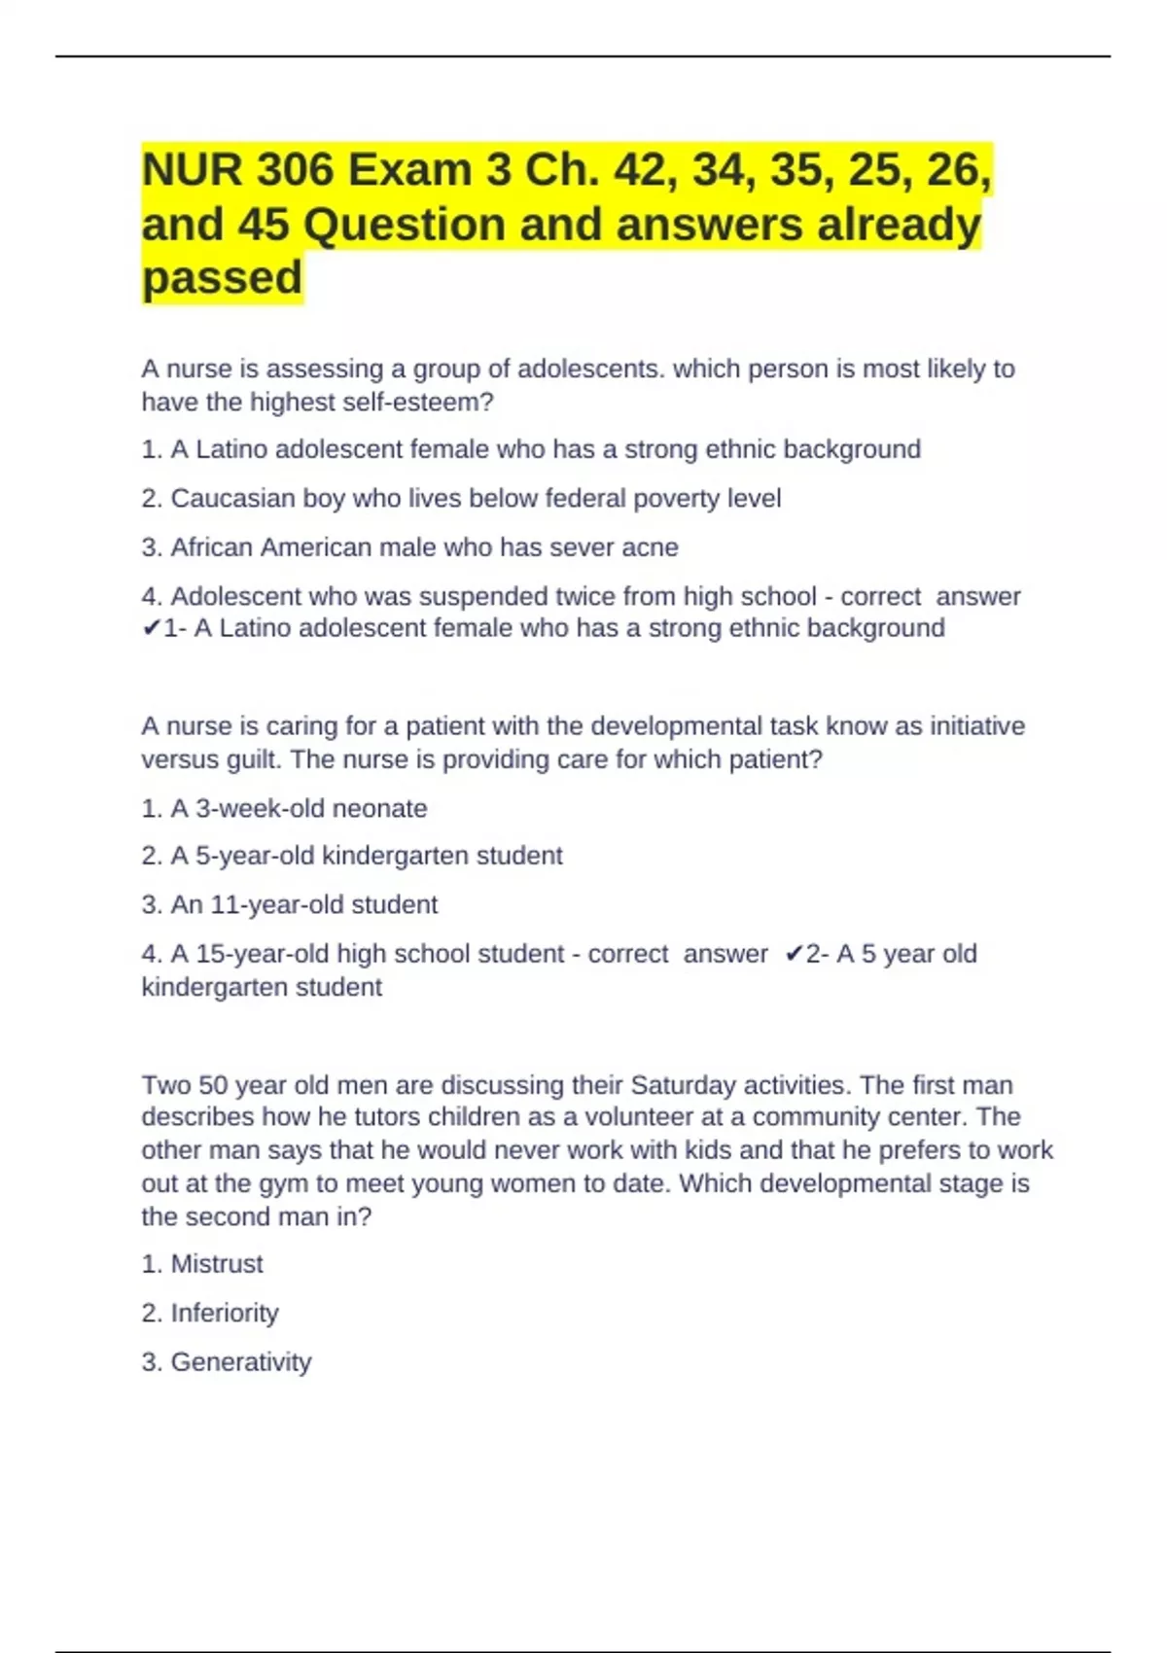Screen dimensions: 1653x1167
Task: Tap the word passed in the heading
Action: pyautogui.click(x=222, y=278)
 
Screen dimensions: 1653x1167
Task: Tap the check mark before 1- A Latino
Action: pyautogui.click(x=151, y=629)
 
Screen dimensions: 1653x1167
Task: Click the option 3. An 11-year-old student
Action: pyautogui.click(x=290, y=905)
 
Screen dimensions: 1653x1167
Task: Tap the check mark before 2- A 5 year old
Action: pyautogui.click(x=794, y=954)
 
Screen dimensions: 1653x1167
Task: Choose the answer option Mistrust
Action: pyautogui.click(x=216, y=1264)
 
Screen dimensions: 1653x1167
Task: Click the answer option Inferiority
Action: pyautogui.click(x=224, y=1314)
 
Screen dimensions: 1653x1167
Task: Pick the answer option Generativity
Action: pyautogui.click(x=240, y=1362)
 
